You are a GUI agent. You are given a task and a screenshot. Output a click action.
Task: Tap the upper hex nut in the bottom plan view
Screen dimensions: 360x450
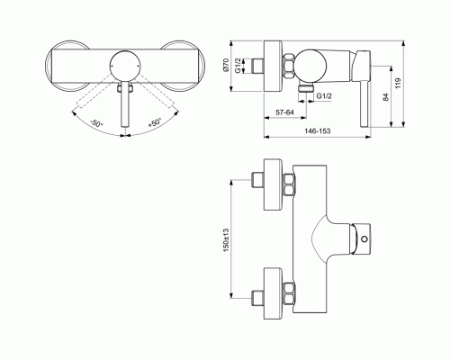click(x=290, y=184)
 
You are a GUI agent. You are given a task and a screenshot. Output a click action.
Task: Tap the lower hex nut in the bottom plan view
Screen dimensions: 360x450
click(x=290, y=293)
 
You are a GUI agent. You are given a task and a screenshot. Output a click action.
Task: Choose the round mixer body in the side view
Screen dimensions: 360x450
click(x=314, y=64)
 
